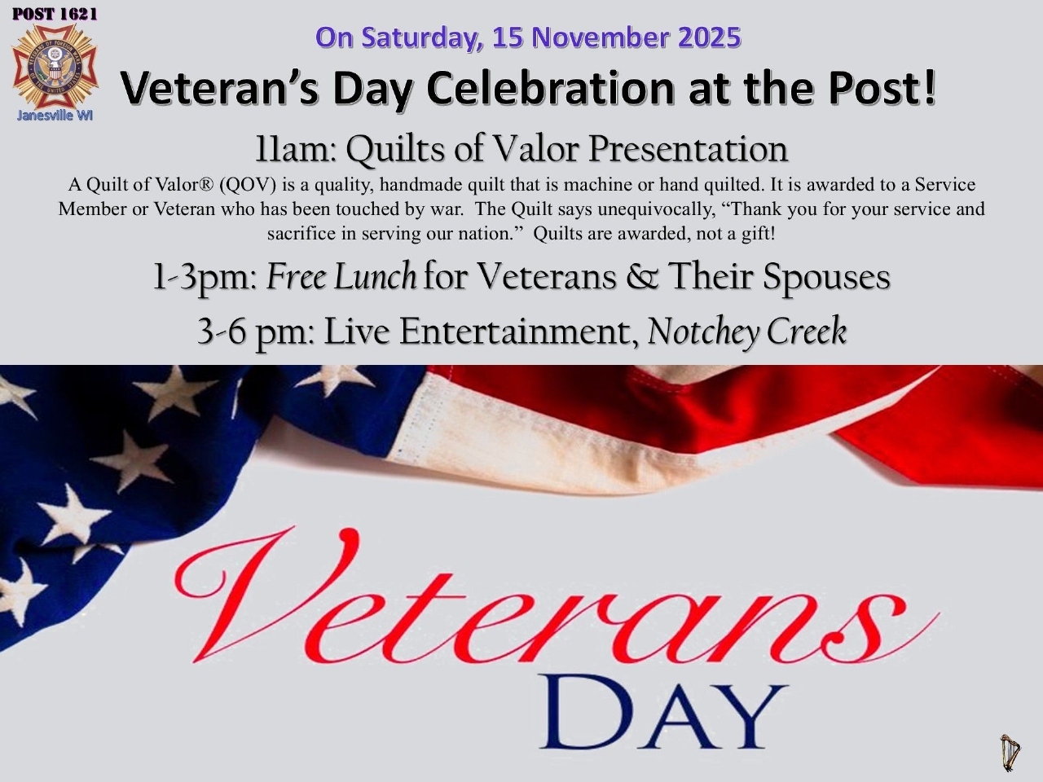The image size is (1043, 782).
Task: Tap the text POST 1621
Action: click(55, 14)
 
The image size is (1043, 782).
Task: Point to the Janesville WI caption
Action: click(55, 116)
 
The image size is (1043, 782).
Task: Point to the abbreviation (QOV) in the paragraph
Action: click(248, 185)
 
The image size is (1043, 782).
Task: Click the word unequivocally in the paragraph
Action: click(657, 209)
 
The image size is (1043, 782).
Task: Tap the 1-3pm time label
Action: click(205, 278)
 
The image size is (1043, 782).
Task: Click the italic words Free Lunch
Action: click(341, 276)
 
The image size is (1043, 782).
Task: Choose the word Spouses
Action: click(827, 278)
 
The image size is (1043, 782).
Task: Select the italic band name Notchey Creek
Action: click(747, 332)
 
